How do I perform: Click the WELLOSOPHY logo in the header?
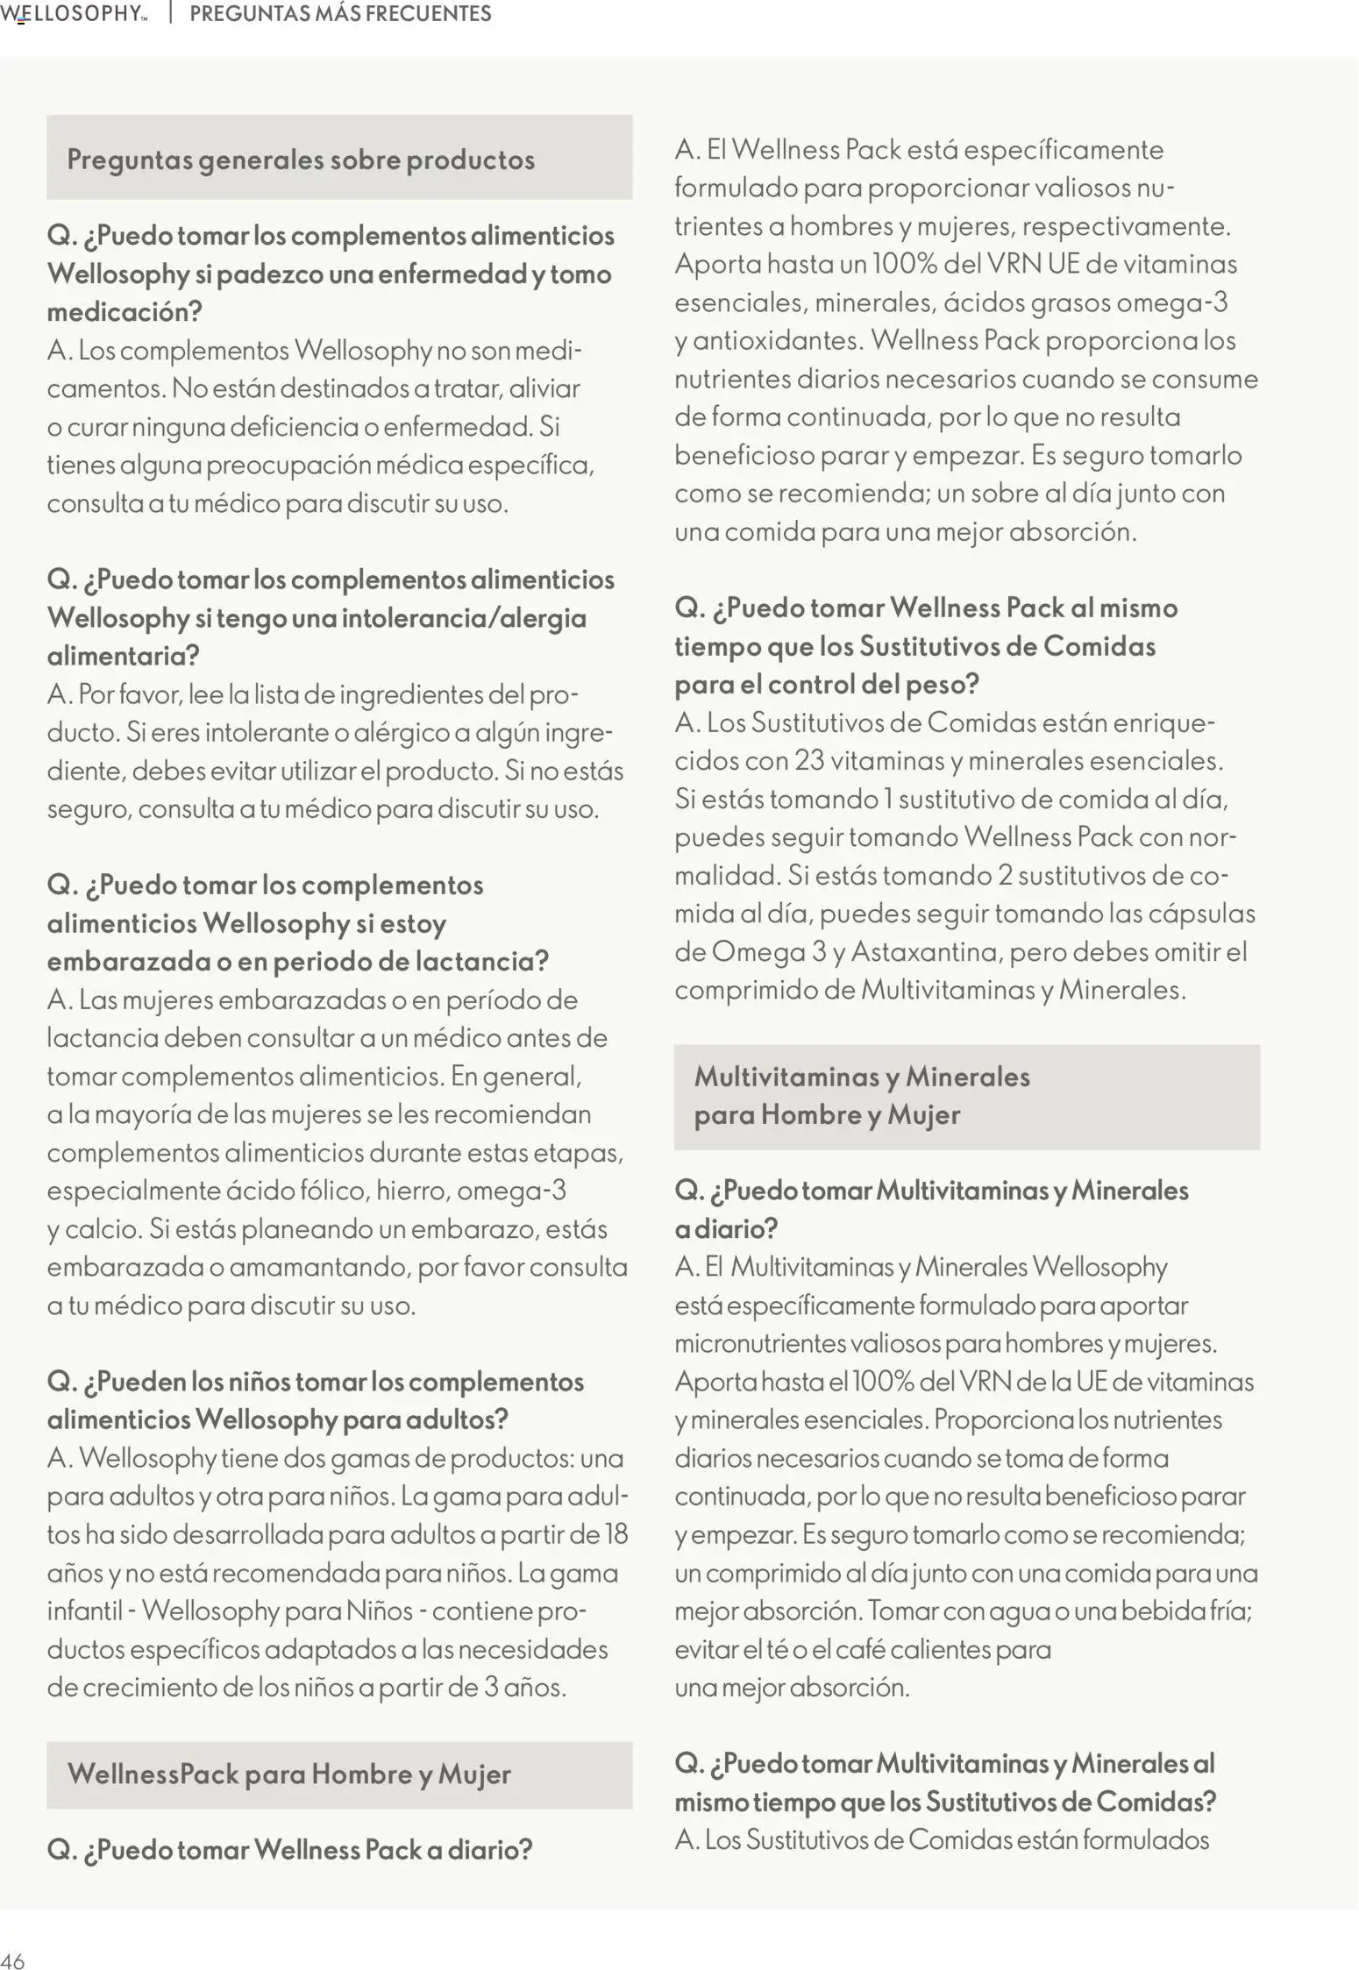point(74,14)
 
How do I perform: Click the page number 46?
point(12,1960)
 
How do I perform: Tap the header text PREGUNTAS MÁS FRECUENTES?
point(340,14)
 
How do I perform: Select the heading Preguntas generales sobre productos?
point(301,160)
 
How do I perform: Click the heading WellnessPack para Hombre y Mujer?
point(288,1774)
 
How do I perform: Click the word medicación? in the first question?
point(125,312)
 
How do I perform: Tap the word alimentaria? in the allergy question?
point(123,656)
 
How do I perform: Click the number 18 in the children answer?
point(615,1533)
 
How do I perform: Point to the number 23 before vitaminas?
point(809,760)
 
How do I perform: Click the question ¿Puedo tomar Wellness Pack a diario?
point(289,1850)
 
